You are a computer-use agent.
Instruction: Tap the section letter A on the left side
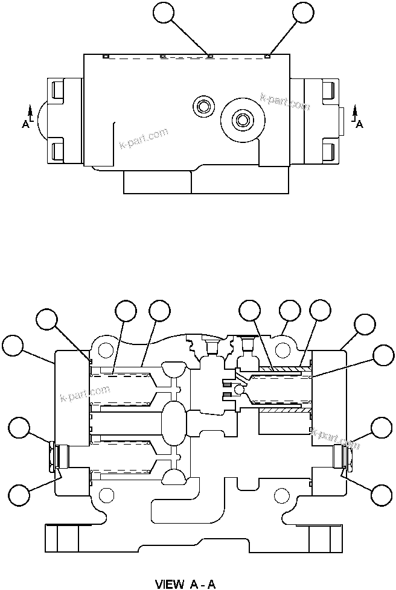(25, 124)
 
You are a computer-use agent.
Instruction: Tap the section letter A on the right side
(360, 124)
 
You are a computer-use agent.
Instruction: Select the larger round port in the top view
(243, 119)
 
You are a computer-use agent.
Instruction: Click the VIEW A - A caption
(185, 583)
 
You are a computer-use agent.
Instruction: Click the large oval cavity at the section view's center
(174, 419)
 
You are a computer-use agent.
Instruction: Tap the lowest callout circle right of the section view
(382, 495)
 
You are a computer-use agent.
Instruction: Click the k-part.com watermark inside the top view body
(144, 139)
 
